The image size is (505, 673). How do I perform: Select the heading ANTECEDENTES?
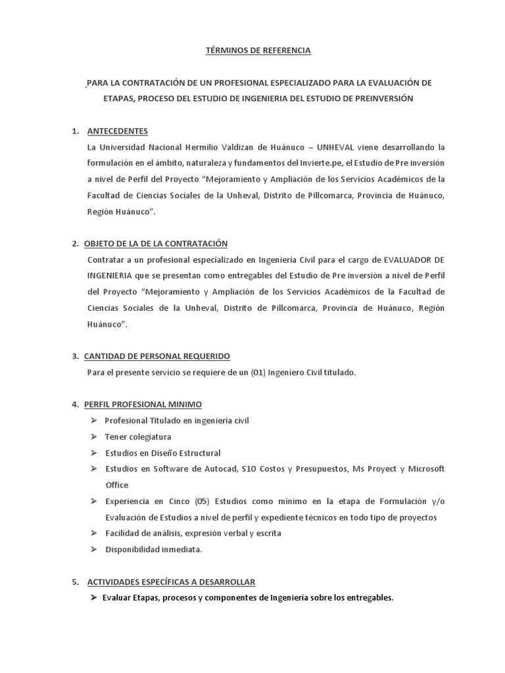coord(118,131)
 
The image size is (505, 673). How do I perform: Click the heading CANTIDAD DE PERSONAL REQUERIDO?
coord(157,356)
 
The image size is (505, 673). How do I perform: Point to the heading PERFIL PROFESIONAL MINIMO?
coord(143,404)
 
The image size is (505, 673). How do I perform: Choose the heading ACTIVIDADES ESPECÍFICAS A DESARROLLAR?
coord(171,582)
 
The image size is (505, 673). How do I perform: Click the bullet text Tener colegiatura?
coord(138,437)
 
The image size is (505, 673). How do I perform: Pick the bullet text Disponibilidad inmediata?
coord(154,549)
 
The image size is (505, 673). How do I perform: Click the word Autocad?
coord(216,469)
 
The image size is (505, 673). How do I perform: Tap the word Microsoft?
coord(427,469)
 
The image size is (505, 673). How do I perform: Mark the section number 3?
coord(75,356)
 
